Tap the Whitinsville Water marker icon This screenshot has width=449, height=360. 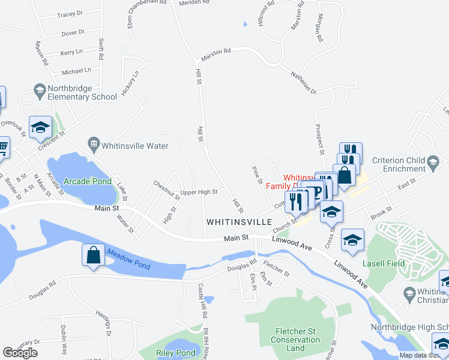point(93,144)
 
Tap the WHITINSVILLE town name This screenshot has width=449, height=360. point(240,221)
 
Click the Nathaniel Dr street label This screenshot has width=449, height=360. point(303,82)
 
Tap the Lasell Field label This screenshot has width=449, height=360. point(384,263)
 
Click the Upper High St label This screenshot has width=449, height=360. point(199,192)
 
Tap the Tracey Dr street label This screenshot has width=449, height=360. point(70,13)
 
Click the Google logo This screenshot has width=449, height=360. point(20,352)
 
